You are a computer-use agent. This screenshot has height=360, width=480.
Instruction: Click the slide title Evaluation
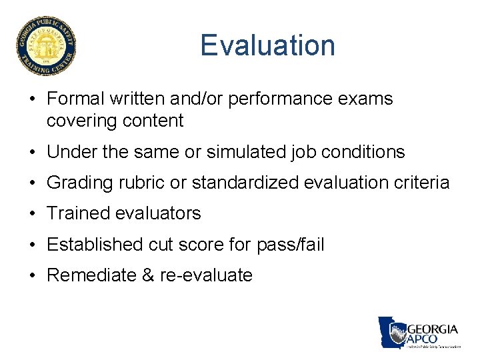[x=267, y=45]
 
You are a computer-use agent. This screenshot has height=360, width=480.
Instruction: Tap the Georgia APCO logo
[x=419, y=333]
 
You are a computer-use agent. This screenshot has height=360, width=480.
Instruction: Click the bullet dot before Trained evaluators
[x=32, y=214]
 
